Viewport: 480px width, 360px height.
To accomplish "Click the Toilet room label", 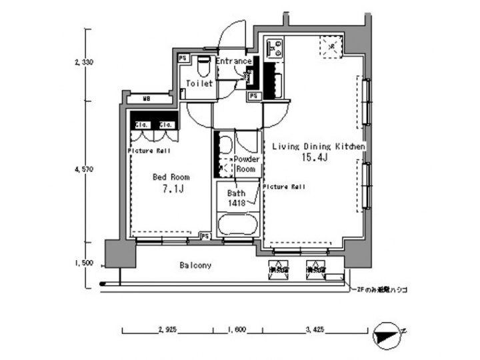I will pyautogui.click(x=199, y=84).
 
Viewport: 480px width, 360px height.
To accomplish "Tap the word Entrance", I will pyautogui.click(x=233, y=61).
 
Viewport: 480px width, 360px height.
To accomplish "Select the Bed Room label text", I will pyautogui.click(x=171, y=177).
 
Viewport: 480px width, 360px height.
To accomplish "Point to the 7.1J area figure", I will pyautogui.click(x=172, y=190).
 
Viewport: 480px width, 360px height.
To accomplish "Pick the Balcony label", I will pyautogui.click(x=195, y=265).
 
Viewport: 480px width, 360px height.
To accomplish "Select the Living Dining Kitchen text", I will pyautogui.click(x=317, y=145).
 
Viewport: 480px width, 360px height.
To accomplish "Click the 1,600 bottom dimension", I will pyautogui.click(x=237, y=329).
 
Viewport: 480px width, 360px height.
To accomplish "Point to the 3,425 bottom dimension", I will pyautogui.click(x=314, y=329).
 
